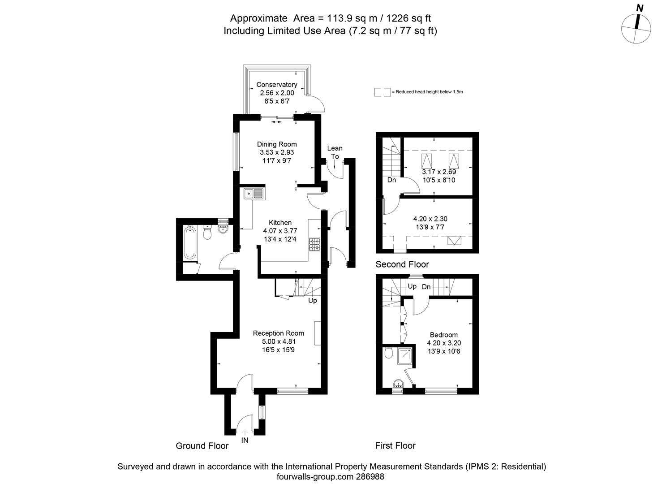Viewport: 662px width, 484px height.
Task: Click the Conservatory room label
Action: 276,85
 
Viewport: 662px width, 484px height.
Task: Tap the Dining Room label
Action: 276,144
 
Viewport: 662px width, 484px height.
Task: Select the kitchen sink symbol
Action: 254,194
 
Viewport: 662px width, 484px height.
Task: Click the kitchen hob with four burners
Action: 315,244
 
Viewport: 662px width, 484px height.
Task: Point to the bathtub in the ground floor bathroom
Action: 190,243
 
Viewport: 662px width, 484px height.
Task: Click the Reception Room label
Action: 278,333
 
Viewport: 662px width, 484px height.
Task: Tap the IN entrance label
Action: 245,441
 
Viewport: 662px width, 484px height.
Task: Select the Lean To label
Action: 335,152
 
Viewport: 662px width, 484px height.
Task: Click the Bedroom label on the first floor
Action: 443,335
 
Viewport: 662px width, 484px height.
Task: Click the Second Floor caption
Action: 402,264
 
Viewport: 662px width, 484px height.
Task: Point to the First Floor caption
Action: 395,445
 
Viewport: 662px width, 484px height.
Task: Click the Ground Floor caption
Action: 202,445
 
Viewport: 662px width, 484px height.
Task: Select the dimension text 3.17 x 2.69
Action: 438,172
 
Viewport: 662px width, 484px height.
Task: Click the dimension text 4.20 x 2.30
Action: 430,219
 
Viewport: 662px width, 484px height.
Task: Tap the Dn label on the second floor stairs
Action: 391,180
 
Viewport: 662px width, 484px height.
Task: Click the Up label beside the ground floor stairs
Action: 312,300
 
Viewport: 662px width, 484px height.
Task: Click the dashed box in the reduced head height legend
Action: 382,92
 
